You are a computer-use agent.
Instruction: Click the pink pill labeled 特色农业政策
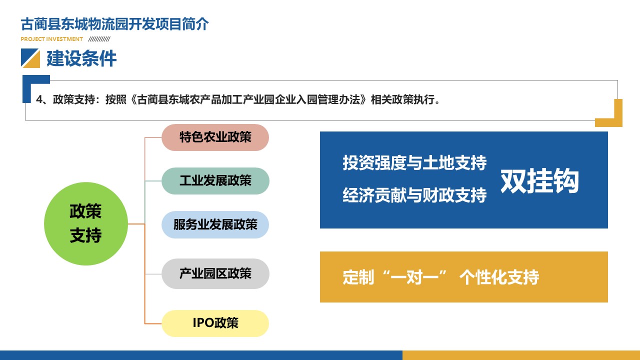tap(215, 137)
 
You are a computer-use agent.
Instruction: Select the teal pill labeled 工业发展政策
tap(215, 181)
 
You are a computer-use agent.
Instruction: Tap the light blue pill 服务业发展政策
tap(215, 224)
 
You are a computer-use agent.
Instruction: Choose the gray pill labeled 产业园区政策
tap(215, 273)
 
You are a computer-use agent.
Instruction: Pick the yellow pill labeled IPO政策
tap(215, 323)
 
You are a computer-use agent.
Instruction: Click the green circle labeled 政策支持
tap(86, 223)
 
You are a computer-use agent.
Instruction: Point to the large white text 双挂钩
tap(539, 180)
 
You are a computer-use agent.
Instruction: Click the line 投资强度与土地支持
tap(414, 162)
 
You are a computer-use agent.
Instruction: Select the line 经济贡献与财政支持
tap(414, 195)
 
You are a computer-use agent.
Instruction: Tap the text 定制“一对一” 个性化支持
tap(441, 277)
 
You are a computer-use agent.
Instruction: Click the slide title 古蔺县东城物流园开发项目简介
tap(114, 24)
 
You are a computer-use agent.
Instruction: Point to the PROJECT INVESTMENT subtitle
tap(51, 39)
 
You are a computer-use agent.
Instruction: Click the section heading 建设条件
tap(81, 58)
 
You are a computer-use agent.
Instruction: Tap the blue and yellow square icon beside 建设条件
tap(30, 58)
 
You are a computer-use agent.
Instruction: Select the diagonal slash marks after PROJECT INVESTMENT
tap(99, 39)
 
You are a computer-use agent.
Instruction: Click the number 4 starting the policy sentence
tap(39, 99)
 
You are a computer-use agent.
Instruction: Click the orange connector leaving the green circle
tap(136, 223)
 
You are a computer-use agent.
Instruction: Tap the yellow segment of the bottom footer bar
tap(521, 355)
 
